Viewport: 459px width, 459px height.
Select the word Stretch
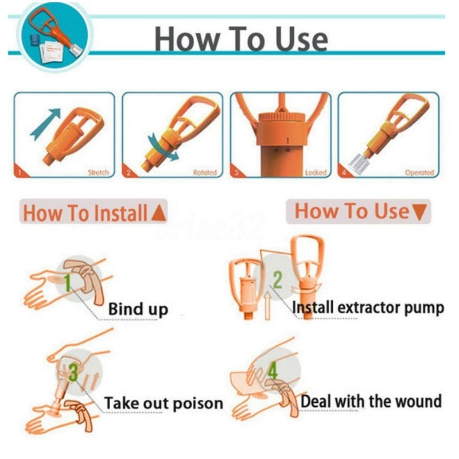tap(98, 172)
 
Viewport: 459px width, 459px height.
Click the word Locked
tap(316, 172)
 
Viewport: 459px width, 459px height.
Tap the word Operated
tap(419, 172)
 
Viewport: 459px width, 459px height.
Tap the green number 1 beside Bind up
tap(68, 283)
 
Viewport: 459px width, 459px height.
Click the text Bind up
tap(138, 309)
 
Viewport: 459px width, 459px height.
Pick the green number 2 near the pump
tap(277, 280)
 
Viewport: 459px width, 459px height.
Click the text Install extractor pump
tap(368, 308)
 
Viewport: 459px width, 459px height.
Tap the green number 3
tap(73, 374)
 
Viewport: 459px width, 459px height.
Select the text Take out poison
tap(163, 403)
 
